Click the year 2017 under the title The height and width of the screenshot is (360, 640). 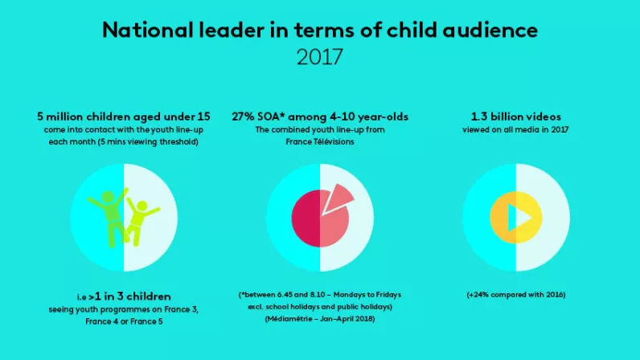click(x=320, y=58)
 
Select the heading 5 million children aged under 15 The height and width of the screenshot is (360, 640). click(x=123, y=117)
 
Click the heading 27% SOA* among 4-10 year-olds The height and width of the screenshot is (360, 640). click(x=320, y=117)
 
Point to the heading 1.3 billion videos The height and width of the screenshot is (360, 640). click(x=516, y=117)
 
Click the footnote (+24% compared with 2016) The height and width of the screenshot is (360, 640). click(x=516, y=295)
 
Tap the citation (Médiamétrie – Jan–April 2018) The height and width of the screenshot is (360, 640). click(x=320, y=319)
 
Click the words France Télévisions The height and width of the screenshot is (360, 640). click(x=320, y=141)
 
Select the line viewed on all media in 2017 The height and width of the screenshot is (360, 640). click(x=516, y=129)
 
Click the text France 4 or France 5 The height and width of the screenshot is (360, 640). click(x=123, y=321)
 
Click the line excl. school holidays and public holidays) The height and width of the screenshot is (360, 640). click(x=320, y=307)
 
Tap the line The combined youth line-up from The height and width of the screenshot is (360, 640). click(x=320, y=129)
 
